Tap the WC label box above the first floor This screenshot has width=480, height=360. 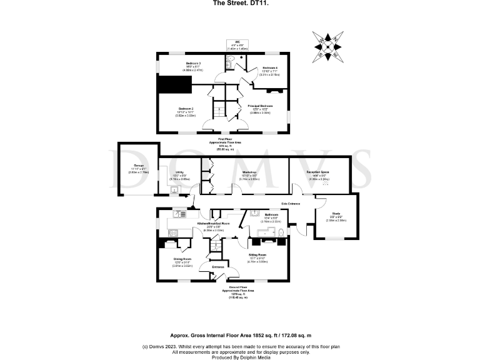pyautogui.click(x=237, y=45)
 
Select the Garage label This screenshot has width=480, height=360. pyautogui.click(x=131, y=167)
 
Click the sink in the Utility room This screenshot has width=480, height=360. pyautogui.click(x=174, y=189)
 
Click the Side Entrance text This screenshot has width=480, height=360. pyautogui.click(x=290, y=204)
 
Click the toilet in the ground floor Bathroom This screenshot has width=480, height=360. pyautogui.click(x=281, y=234)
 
